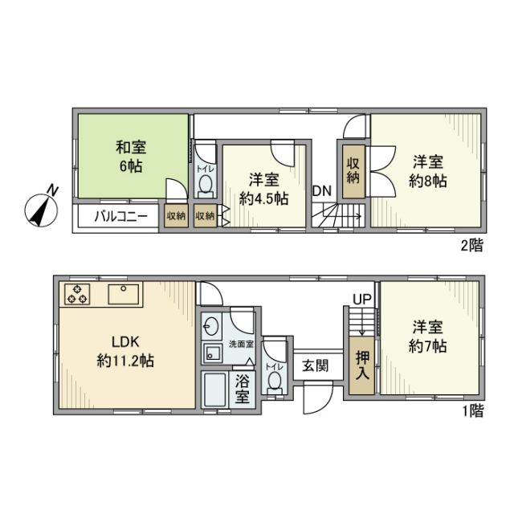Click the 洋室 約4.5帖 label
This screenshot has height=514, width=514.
coord(264,190)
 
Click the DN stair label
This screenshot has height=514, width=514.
coord(322,190)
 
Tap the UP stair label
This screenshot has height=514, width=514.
coord(362,299)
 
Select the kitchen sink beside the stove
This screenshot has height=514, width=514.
coord(123,295)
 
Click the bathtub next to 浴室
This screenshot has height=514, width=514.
coord(214,391)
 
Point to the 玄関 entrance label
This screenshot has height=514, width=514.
coord(315,365)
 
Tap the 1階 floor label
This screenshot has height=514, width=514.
coord(472,413)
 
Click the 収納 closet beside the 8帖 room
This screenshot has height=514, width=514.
coord(353,171)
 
